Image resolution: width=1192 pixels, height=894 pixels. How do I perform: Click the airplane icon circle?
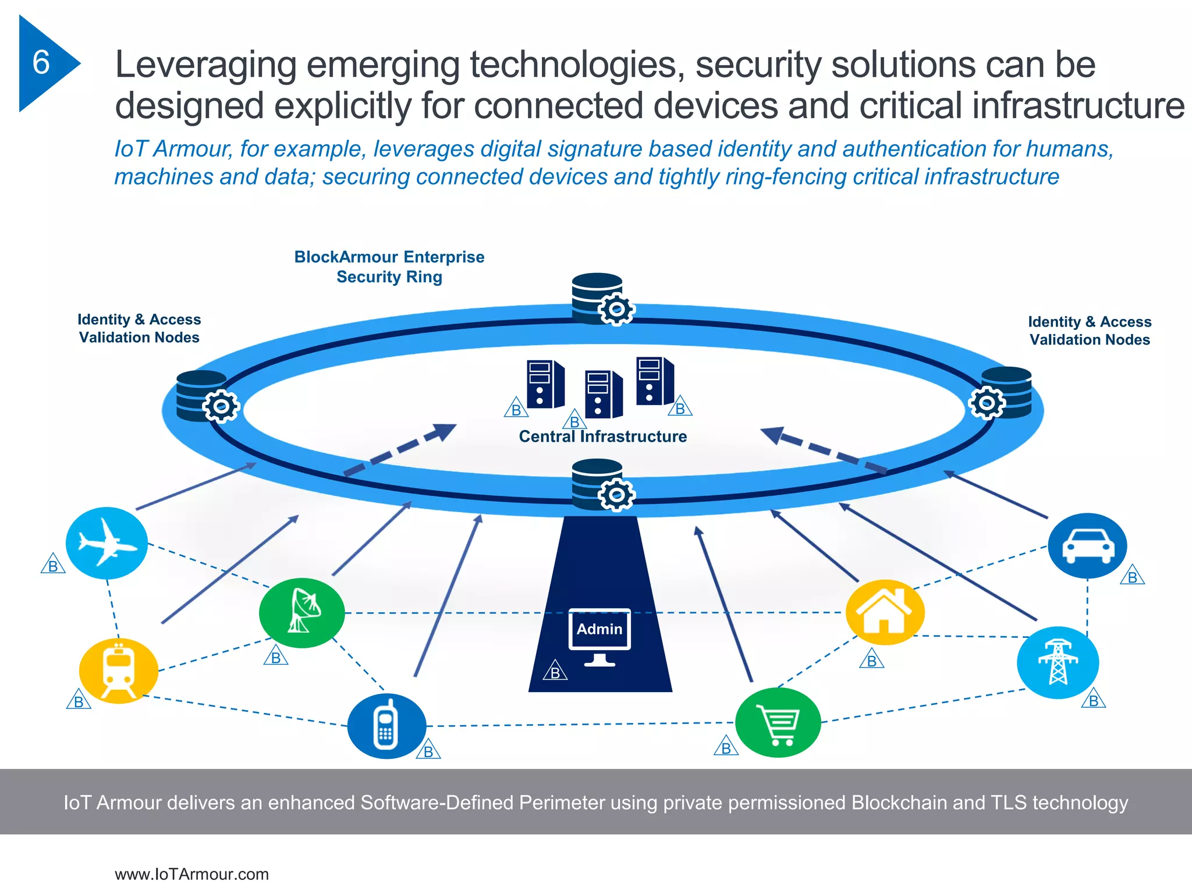(x=107, y=543)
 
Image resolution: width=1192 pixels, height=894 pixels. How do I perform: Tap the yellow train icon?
(x=119, y=670)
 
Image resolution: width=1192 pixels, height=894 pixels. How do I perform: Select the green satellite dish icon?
(x=301, y=612)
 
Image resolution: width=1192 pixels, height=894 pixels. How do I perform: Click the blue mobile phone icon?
(x=386, y=725)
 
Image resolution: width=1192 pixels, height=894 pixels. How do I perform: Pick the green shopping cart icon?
(x=778, y=722)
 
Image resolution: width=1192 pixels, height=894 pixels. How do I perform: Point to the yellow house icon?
(x=885, y=612)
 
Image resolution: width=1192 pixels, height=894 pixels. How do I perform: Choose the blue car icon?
(x=1087, y=546)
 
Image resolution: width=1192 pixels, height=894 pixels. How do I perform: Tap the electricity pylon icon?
(x=1058, y=662)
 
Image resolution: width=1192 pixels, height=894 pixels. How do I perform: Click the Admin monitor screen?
(x=599, y=629)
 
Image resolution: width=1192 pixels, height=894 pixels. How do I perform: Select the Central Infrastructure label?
(x=602, y=437)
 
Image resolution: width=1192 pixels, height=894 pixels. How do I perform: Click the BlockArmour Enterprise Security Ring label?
(x=389, y=267)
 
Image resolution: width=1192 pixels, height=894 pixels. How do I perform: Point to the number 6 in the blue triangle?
(x=41, y=62)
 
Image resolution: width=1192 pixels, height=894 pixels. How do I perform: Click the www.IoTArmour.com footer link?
(x=191, y=874)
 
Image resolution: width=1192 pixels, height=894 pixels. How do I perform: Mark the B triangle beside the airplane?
(x=53, y=565)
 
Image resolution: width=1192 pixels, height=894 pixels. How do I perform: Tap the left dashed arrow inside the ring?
(x=400, y=449)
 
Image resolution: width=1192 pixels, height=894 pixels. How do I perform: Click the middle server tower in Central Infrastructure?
(x=603, y=394)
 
